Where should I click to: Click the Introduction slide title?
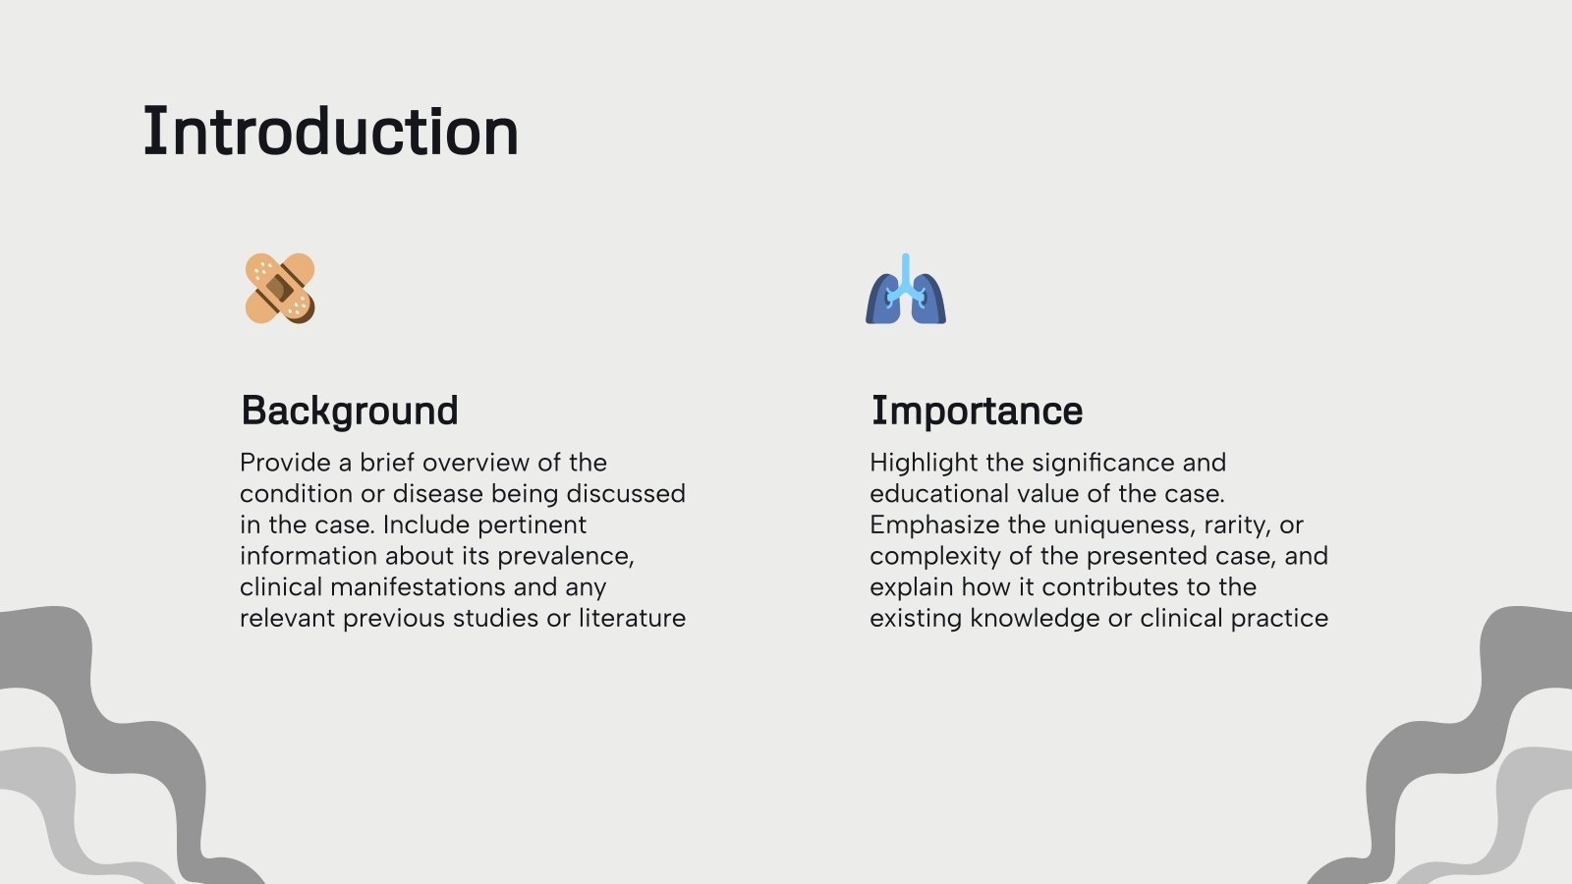coord(330,132)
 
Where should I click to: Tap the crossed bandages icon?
coord(280,288)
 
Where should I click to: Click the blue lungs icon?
coord(906,291)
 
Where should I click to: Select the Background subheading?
coord(350,411)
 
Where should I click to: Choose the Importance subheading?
coord(977,411)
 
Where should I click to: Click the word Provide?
coord(284,463)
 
